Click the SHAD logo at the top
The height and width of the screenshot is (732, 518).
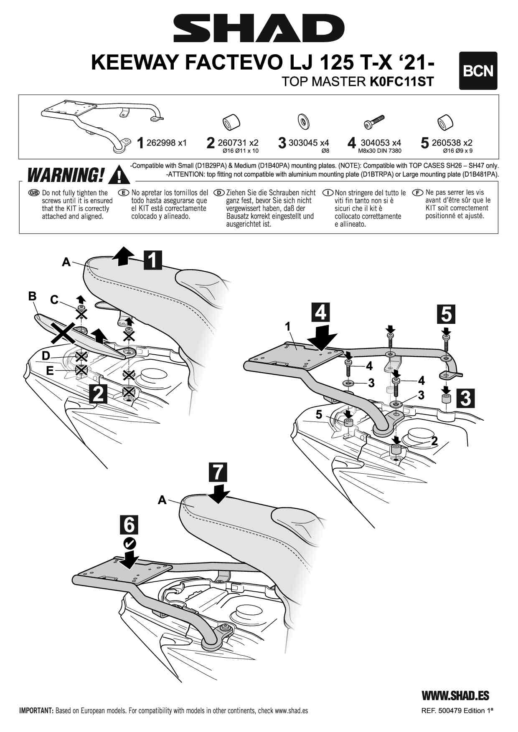click(x=259, y=28)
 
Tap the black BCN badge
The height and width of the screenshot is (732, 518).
click(x=478, y=71)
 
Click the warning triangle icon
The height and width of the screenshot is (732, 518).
click(x=119, y=175)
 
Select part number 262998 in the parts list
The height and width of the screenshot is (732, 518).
click(x=161, y=143)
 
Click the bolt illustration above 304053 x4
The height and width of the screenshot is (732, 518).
click(x=374, y=122)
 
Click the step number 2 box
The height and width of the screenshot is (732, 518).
click(x=98, y=393)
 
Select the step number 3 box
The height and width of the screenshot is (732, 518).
click(x=465, y=398)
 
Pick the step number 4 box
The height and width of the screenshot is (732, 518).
click(x=320, y=312)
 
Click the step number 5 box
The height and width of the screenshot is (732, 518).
click(x=446, y=314)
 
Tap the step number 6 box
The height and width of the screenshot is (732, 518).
click(x=129, y=525)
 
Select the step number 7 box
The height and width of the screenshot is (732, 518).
click(x=218, y=472)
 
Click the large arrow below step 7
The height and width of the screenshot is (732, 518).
click(x=218, y=493)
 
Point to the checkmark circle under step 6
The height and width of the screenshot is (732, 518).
click(x=129, y=543)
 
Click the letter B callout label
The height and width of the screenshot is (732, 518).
click(x=32, y=296)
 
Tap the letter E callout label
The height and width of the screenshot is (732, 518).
click(x=50, y=370)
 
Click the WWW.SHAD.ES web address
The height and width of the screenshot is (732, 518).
click(x=455, y=696)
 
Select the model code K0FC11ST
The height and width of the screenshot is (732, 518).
click(x=401, y=81)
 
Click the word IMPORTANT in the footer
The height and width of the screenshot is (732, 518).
click(x=36, y=711)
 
